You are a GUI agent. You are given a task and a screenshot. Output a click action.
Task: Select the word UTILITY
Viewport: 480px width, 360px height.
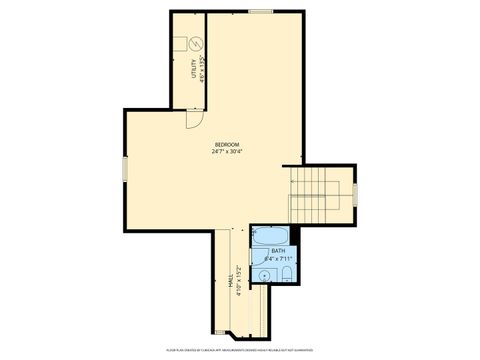pos(193,72)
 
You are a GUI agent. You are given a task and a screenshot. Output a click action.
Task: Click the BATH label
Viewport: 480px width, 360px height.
pos(277,251)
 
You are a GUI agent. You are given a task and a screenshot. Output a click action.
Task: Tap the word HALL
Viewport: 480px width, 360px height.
pos(232,284)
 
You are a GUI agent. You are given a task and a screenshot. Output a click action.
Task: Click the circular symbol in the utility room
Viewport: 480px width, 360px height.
pos(196,43)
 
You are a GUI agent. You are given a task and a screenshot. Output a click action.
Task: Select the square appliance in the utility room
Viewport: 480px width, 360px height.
pos(180,43)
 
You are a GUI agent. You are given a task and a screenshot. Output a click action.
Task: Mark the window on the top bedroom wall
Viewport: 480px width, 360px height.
pos(260,11)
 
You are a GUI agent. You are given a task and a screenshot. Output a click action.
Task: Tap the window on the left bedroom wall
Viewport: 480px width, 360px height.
pos(124,168)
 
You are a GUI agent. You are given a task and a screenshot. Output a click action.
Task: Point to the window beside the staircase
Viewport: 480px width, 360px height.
pos(356,195)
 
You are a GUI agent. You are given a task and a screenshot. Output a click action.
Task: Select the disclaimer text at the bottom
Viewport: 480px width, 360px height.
pos(240,350)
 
